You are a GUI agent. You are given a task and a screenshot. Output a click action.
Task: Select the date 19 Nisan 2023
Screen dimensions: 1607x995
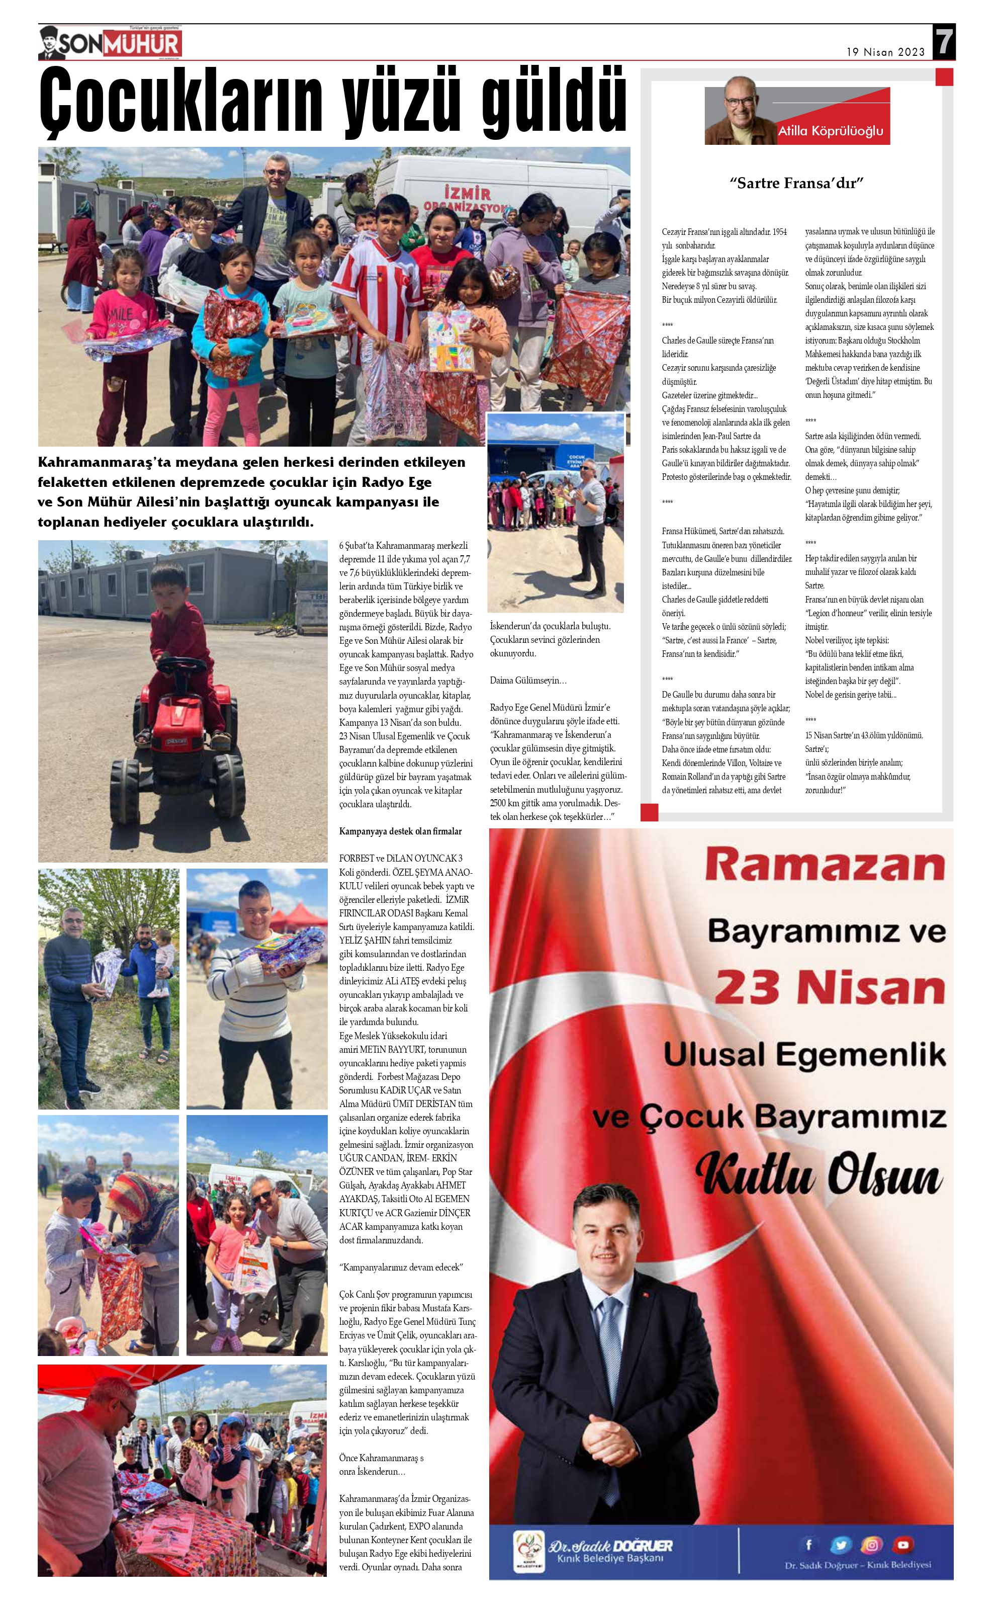tap(885, 52)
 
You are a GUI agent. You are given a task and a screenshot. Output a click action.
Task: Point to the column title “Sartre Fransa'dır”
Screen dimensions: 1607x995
tap(796, 183)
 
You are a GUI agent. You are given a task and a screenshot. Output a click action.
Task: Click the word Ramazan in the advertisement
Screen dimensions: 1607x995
tap(825, 865)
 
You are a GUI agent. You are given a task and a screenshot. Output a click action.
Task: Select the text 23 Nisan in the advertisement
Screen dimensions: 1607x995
tap(830, 987)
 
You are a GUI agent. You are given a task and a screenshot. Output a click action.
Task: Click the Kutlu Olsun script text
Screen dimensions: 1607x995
tap(820, 1175)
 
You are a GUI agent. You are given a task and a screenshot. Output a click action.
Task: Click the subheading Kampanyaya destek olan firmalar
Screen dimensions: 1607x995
tap(400, 831)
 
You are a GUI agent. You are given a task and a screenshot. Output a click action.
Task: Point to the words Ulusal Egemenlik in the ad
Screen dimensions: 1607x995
tap(804, 1054)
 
